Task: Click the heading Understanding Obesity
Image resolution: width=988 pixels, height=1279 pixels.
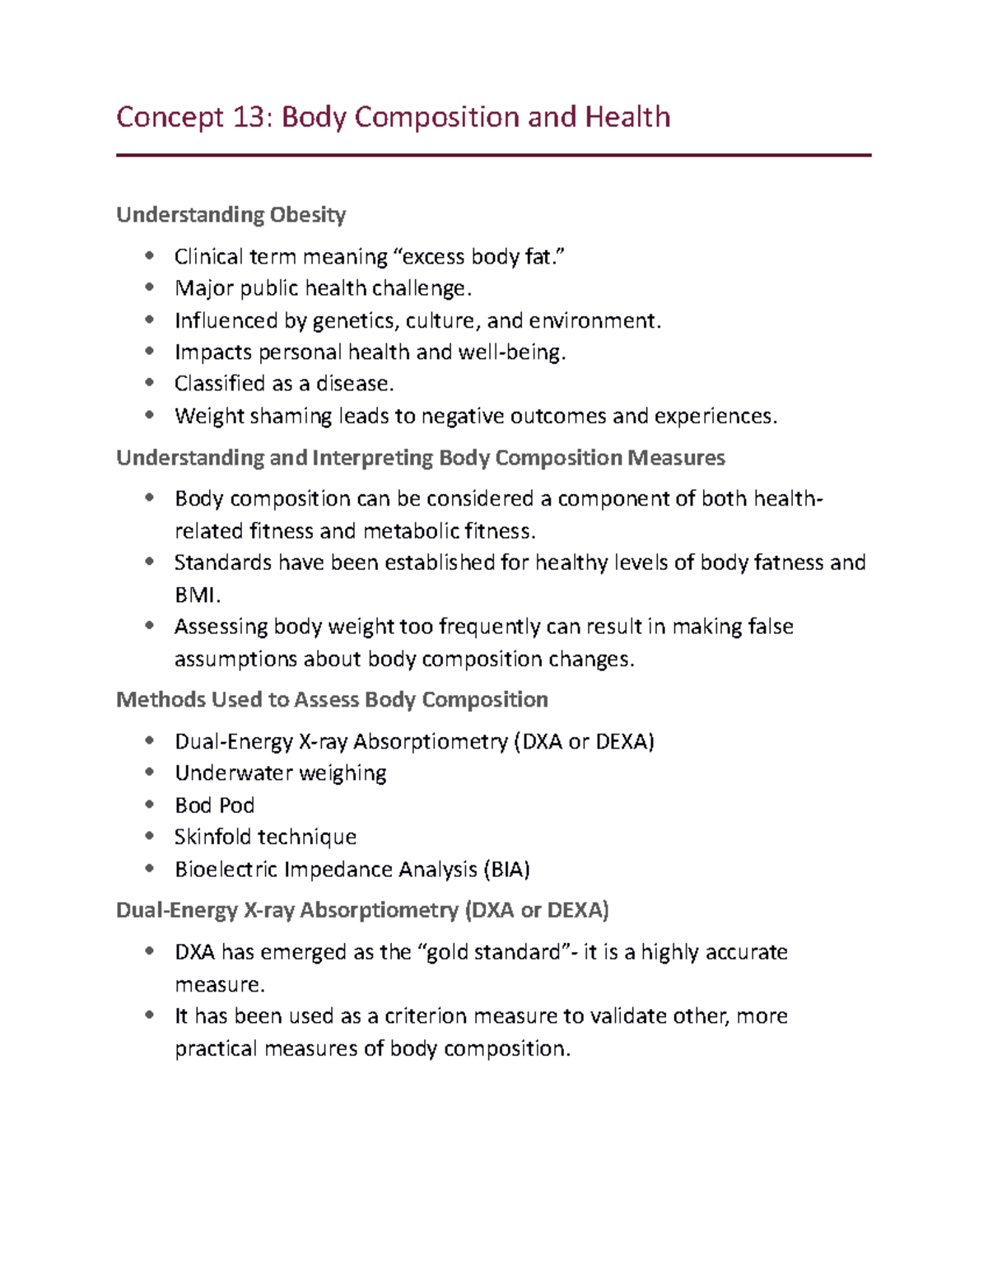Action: tap(231, 215)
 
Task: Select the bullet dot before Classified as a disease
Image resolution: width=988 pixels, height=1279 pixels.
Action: tap(149, 382)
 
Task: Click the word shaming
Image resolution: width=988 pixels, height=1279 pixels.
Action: tap(291, 417)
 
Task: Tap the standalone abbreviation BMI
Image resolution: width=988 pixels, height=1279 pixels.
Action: tap(197, 595)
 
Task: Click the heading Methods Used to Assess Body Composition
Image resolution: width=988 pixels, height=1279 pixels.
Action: tap(332, 700)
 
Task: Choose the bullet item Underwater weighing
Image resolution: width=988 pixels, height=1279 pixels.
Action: tap(281, 773)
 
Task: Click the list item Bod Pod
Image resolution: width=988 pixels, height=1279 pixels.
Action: tap(214, 805)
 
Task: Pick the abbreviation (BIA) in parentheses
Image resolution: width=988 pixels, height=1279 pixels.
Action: tap(506, 870)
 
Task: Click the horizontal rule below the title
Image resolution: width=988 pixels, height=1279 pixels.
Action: tap(493, 155)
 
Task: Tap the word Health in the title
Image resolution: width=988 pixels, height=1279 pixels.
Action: tap(627, 117)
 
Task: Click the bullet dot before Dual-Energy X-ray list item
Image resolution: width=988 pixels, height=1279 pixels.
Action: tap(149, 740)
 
